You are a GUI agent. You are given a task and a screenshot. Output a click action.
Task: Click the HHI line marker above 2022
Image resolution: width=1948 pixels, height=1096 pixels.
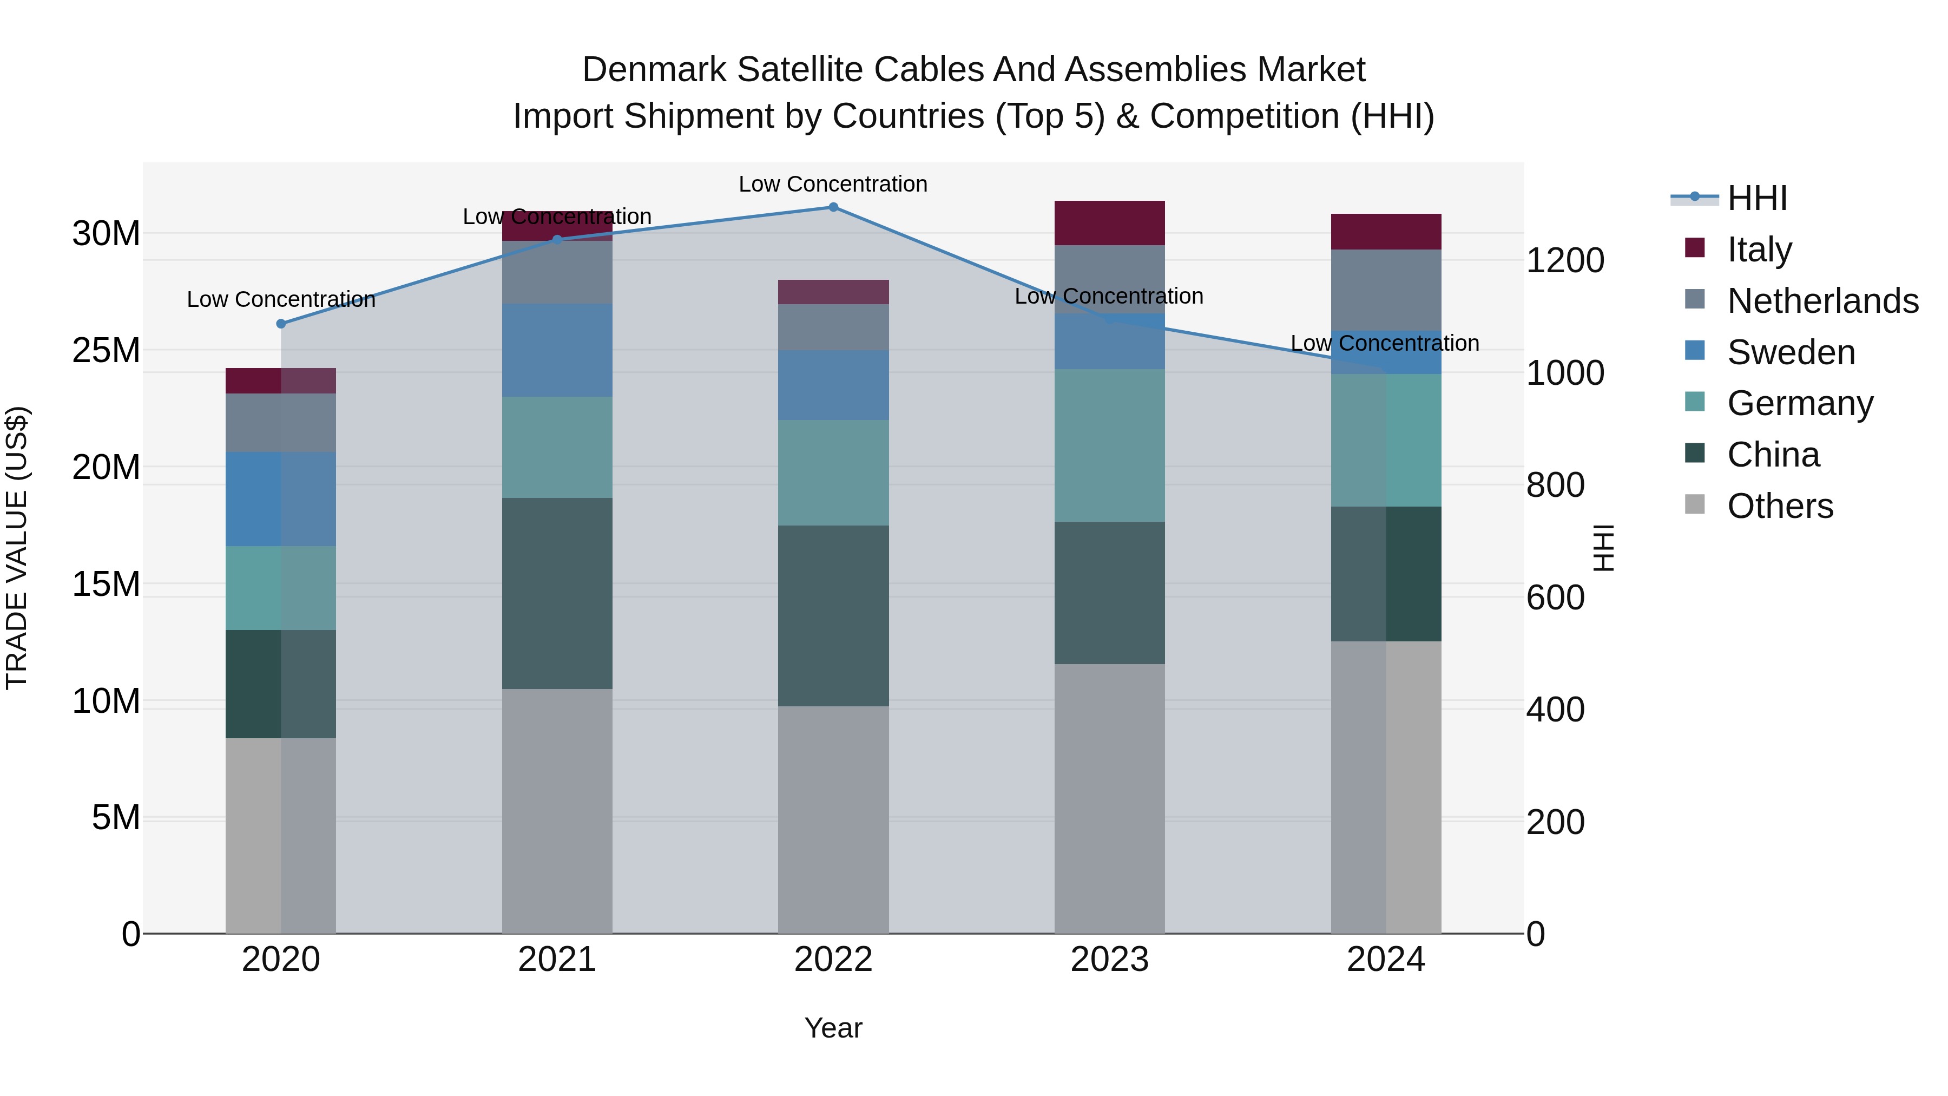(x=833, y=207)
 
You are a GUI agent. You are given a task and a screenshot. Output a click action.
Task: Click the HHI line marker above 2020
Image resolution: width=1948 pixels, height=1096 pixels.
(x=281, y=324)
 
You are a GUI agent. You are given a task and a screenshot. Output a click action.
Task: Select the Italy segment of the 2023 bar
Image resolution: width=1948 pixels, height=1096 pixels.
(x=1109, y=223)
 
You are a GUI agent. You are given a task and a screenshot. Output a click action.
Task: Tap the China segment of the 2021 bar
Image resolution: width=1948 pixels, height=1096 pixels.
(x=557, y=593)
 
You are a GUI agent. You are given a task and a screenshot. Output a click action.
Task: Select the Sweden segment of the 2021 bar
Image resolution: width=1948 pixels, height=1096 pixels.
(x=557, y=350)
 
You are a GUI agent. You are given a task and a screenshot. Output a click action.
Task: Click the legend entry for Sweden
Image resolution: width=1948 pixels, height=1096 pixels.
(x=1791, y=352)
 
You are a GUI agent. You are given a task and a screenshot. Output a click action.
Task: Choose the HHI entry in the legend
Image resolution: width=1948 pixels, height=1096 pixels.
(x=1756, y=198)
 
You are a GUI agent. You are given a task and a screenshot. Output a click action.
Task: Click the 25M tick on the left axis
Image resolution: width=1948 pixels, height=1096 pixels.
(x=106, y=350)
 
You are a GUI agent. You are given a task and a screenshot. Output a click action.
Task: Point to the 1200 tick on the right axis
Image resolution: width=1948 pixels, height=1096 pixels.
(x=1564, y=261)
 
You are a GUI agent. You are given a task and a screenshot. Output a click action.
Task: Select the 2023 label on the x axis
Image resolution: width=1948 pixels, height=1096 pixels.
(x=1109, y=960)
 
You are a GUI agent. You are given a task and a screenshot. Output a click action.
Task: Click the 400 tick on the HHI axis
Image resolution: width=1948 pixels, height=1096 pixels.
(x=1555, y=710)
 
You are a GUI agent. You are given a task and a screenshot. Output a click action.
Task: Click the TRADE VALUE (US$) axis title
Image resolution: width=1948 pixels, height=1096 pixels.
(x=17, y=548)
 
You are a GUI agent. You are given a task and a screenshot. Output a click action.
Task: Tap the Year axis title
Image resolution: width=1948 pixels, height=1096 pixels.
(x=833, y=1028)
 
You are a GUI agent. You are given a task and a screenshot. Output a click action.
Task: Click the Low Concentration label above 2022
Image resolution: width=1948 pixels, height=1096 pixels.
(x=833, y=184)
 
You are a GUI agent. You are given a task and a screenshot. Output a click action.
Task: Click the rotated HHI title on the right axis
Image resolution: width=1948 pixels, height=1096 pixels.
(x=1604, y=548)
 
